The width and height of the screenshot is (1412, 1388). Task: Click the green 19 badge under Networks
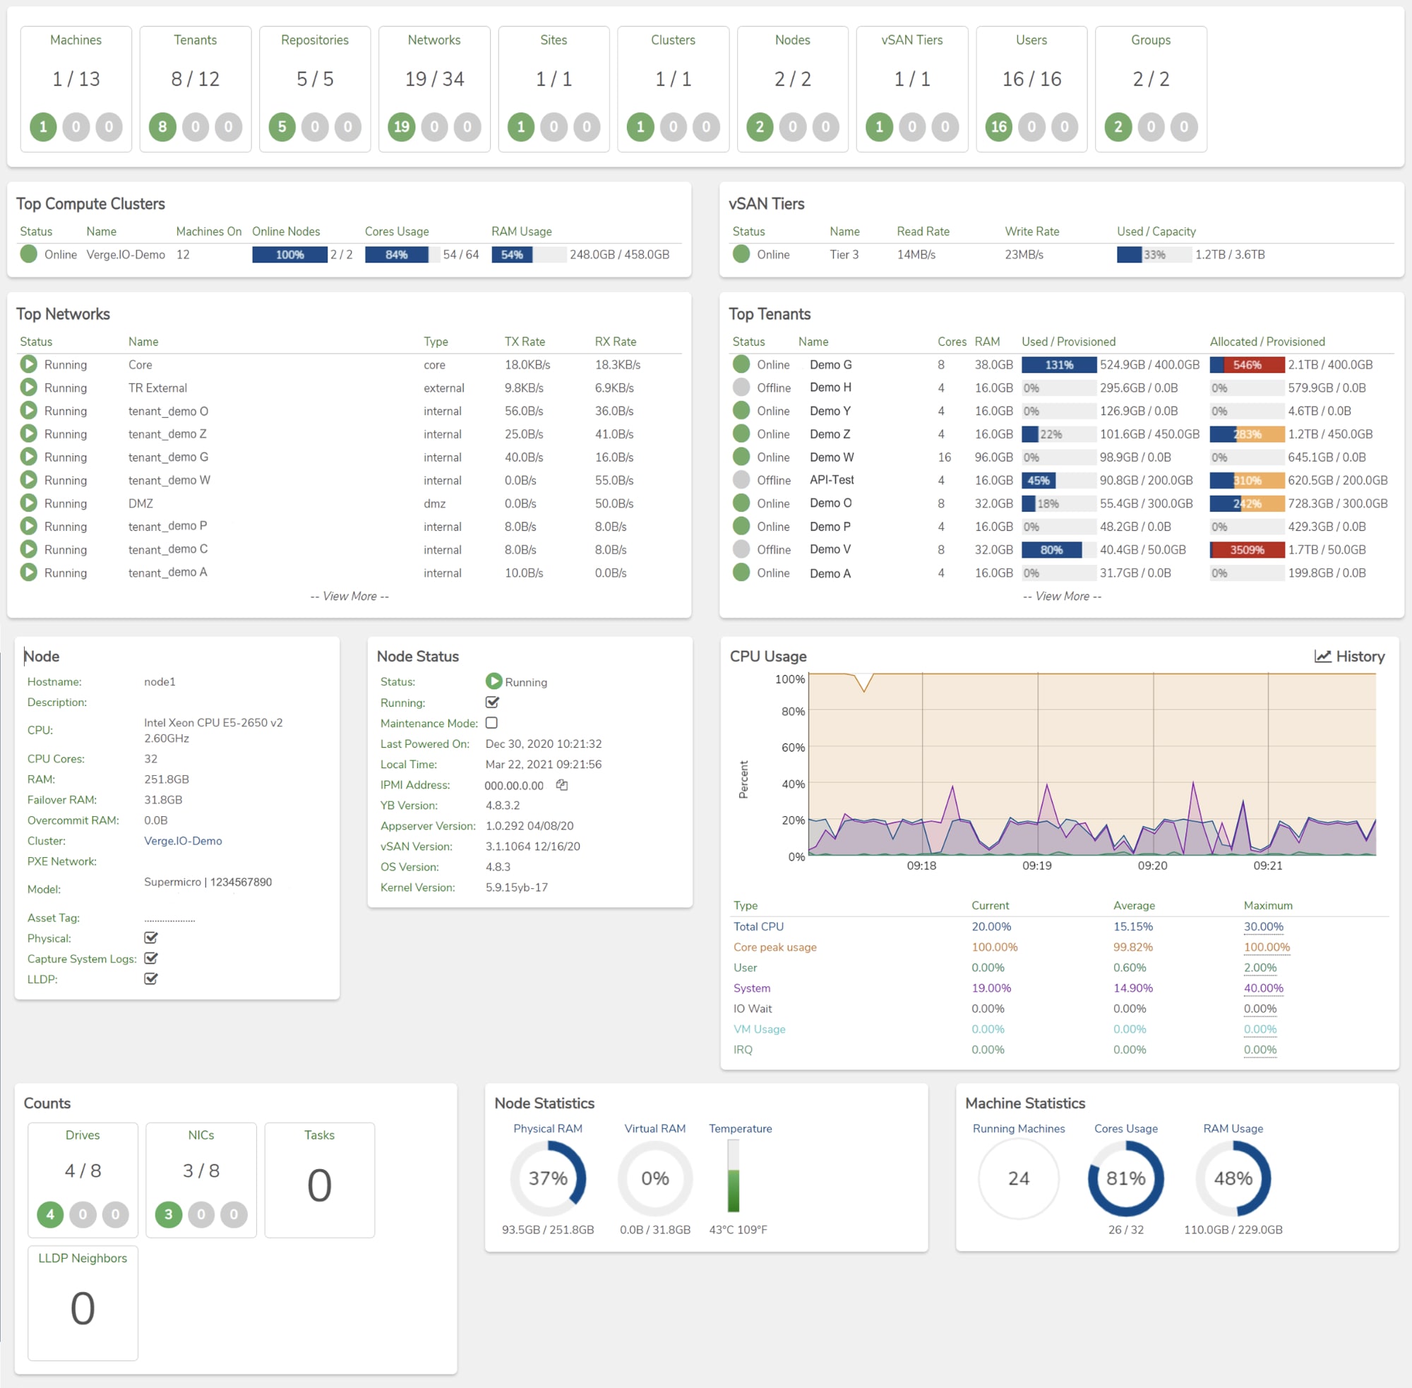coord(401,127)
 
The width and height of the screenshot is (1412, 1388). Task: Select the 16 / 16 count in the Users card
coord(1031,79)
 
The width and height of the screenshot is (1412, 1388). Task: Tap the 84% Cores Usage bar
coord(397,254)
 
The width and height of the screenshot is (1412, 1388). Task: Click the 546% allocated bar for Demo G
coord(1247,364)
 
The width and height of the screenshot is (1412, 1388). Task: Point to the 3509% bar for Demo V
coord(1247,550)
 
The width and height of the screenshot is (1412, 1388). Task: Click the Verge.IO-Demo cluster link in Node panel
coord(183,841)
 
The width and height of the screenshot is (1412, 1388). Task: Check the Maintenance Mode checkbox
coord(491,723)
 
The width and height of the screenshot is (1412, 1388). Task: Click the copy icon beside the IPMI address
coord(562,785)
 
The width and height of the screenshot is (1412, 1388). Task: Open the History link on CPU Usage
coord(1349,656)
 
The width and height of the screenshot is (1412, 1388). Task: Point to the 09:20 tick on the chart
coord(1151,866)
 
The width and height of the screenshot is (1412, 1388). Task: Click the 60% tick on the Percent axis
coord(793,747)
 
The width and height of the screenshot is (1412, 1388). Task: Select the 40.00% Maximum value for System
coord(1263,988)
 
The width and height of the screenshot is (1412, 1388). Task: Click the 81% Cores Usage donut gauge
coord(1125,1178)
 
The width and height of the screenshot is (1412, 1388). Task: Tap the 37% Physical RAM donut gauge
coord(547,1178)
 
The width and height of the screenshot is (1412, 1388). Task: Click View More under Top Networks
coord(349,597)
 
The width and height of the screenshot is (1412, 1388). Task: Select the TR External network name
coord(157,388)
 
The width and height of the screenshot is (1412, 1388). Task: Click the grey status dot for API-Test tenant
coord(741,479)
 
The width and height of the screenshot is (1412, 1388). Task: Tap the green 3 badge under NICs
coord(169,1214)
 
